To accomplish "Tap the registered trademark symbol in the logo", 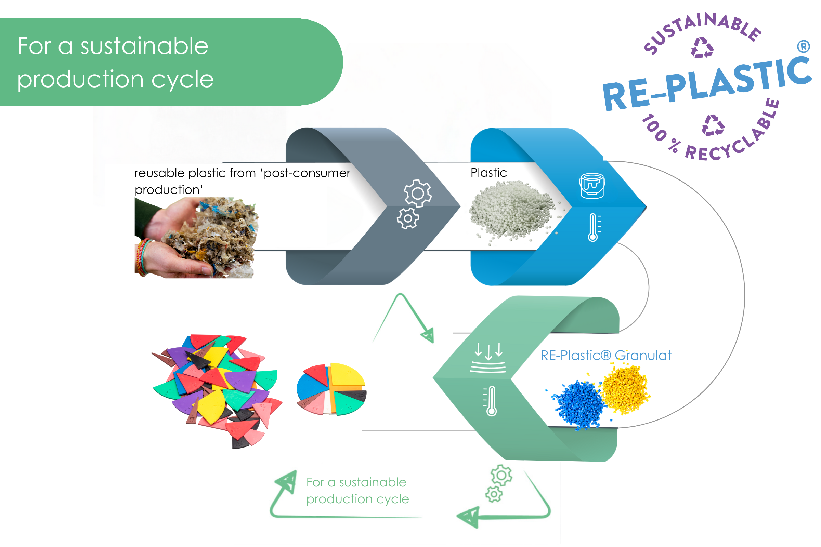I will [803, 46].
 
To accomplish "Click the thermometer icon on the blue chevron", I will [594, 227].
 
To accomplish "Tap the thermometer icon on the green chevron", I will [491, 401].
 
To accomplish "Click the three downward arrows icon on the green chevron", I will [488, 357].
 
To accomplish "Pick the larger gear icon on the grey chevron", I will [417, 193].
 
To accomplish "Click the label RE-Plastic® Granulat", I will [605, 356].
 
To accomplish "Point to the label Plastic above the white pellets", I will [488, 173].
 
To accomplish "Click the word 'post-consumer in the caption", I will [306, 173].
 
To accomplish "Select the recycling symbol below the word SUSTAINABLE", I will [702, 48].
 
